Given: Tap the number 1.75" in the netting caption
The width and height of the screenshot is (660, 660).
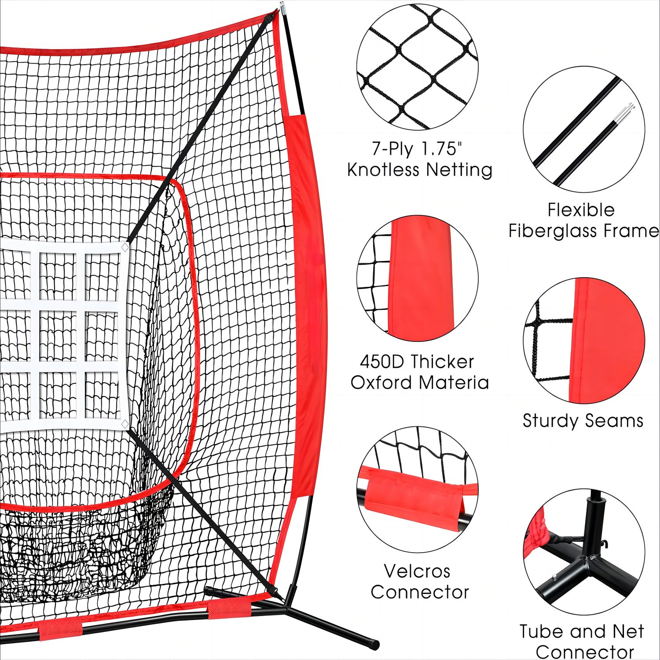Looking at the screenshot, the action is (x=443, y=149).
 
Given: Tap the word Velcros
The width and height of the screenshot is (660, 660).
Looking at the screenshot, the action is (x=417, y=571).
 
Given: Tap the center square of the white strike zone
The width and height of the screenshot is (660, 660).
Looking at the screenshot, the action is (x=58, y=336).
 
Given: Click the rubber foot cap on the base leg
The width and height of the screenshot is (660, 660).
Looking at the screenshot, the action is (x=374, y=644).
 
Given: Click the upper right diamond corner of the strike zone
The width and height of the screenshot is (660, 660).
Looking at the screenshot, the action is (x=125, y=248).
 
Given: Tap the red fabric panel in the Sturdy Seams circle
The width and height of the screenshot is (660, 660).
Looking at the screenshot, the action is (x=605, y=341).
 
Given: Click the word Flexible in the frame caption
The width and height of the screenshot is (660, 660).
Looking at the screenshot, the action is (x=581, y=210).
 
